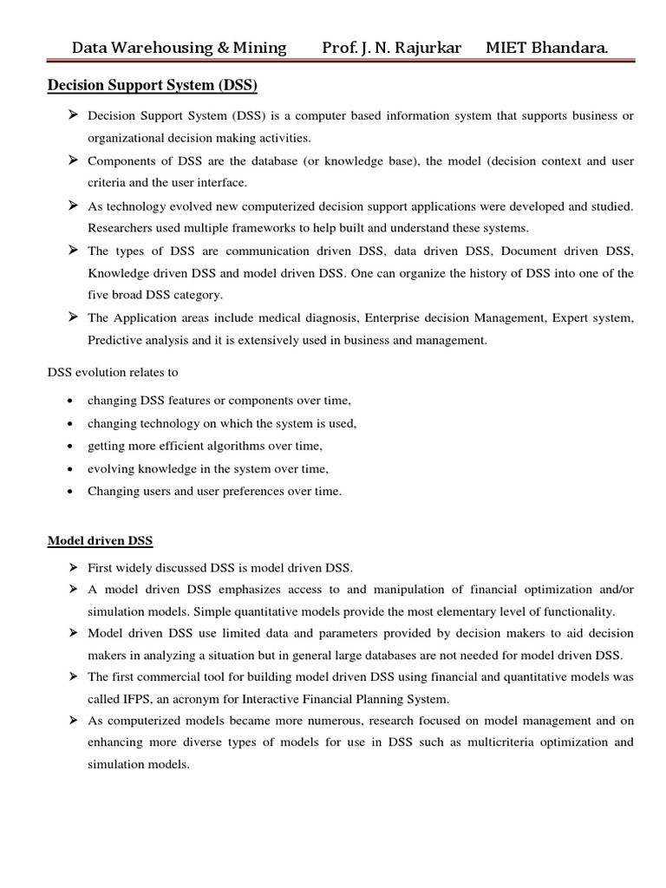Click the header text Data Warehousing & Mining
(179, 48)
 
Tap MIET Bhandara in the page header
(546, 48)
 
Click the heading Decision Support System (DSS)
(152, 86)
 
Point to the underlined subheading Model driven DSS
(100, 541)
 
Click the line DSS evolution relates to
(112, 373)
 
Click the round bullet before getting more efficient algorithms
(69, 447)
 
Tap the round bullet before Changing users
(69, 492)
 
